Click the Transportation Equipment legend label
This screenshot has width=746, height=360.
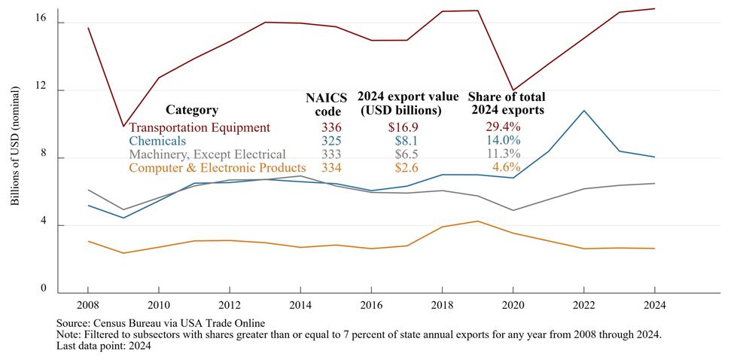pyautogui.click(x=199, y=127)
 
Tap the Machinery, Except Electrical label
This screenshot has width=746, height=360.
pyautogui.click(x=207, y=154)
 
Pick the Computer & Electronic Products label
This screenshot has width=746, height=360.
pyautogui.click(x=218, y=168)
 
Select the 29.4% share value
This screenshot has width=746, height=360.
pyautogui.click(x=503, y=127)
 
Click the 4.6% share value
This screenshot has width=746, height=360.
pyautogui.click(x=506, y=168)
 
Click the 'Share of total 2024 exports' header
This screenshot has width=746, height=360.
pyautogui.click(x=507, y=103)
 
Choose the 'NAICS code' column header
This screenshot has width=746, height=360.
pyautogui.click(x=324, y=105)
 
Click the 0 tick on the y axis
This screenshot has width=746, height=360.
pyautogui.click(x=44, y=288)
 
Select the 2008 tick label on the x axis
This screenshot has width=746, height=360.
pyautogui.click(x=88, y=307)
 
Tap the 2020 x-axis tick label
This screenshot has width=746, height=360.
pyautogui.click(x=513, y=307)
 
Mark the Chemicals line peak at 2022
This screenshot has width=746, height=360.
pyautogui.click(x=584, y=111)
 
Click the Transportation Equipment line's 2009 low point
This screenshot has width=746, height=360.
pyautogui.click(x=123, y=126)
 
